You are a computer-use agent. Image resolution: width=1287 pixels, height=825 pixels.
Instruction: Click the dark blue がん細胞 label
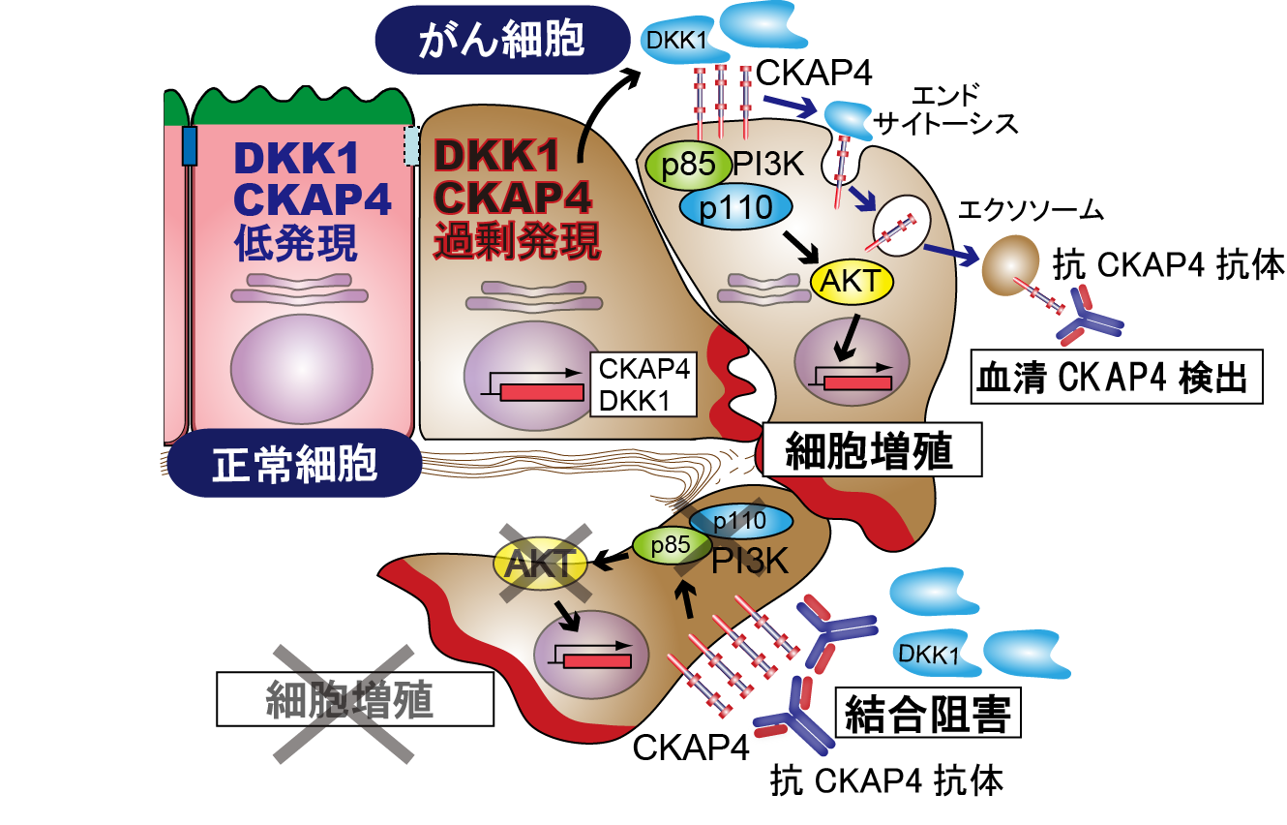click(501, 39)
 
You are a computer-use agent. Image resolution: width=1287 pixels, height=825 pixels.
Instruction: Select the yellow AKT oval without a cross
click(851, 281)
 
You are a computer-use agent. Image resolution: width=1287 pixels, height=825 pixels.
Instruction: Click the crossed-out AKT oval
click(544, 563)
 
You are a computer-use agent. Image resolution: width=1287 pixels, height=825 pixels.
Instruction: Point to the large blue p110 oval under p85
click(735, 205)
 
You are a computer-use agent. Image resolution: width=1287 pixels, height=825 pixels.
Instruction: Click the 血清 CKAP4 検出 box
click(1117, 377)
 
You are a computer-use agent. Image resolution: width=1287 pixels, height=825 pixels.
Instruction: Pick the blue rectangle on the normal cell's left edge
click(190, 145)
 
